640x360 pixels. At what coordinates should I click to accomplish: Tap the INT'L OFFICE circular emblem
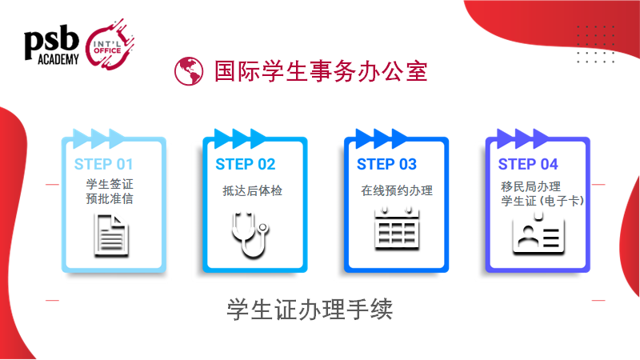pyautogui.click(x=110, y=46)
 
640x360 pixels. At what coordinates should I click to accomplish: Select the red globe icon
pyautogui.click(x=189, y=71)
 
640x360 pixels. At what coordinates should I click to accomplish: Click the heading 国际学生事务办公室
pyautogui.click(x=321, y=71)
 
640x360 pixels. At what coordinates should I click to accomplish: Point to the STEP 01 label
pyautogui.click(x=104, y=164)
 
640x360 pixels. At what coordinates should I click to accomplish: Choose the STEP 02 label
pyautogui.click(x=246, y=164)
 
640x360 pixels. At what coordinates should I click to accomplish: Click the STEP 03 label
pyautogui.click(x=386, y=164)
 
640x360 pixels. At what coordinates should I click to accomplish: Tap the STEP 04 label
pyautogui.click(x=528, y=164)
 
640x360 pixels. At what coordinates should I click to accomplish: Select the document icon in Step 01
pyautogui.click(x=111, y=235)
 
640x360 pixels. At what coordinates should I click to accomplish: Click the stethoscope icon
pyautogui.click(x=250, y=234)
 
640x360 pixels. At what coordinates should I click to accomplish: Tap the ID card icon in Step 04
pyautogui.click(x=538, y=234)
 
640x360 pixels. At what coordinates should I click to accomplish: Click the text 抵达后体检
pyautogui.click(x=252, y=190)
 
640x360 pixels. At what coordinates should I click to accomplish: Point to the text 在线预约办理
pyautogui.click(x=397, y=190)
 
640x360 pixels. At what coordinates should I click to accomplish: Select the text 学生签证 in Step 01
pyautogui.click(x=110, y=184)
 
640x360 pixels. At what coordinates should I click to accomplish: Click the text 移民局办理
pyautogui.click(x=530, y=186)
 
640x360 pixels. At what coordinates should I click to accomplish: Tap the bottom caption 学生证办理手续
pyautogui.click(x=310, y=309)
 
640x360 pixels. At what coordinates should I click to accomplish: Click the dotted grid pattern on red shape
pyautogui.click(x=596, y=44)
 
